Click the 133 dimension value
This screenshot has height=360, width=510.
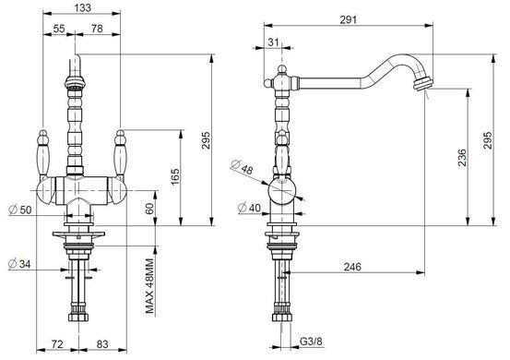83,7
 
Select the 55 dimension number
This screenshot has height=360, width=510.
59,29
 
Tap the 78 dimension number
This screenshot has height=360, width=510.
97,29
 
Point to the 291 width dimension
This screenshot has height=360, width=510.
349,20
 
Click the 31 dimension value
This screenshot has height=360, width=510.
274,42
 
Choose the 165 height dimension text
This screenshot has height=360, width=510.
175,176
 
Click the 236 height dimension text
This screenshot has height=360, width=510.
462,158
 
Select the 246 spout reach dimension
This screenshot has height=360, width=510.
352,267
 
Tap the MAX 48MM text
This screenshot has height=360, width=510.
149,286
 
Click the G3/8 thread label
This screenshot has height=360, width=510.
311,342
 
